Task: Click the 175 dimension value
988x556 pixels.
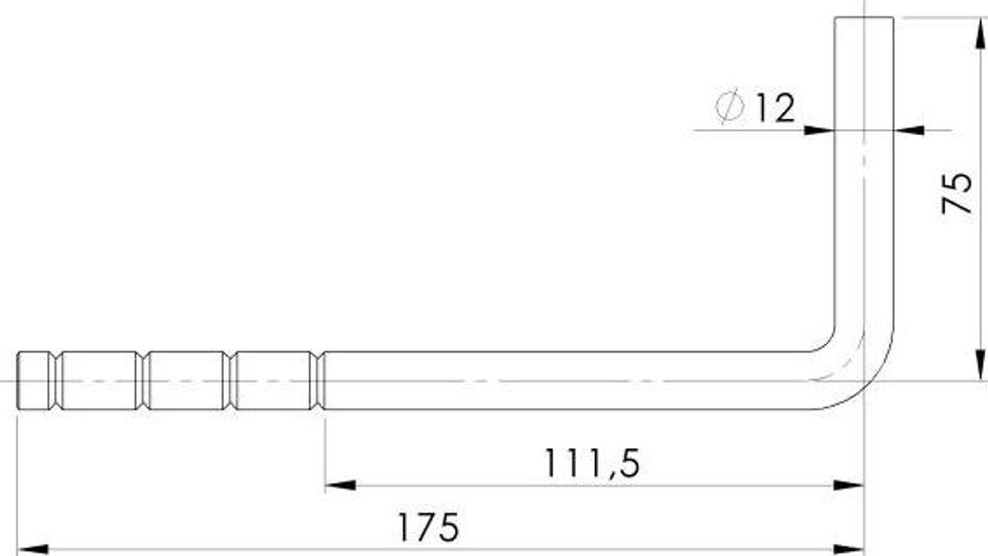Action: click(427, 527)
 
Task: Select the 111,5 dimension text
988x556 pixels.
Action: click(591, 463)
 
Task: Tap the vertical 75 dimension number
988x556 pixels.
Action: click(956, 192)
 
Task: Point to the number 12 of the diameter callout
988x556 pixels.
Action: click(775, 108)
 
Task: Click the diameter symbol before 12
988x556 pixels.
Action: click(729, 106)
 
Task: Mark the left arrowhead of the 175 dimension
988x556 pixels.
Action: click(32, 549)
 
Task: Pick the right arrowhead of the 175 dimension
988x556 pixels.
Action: click(848, 549)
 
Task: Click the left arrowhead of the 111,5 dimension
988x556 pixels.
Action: click(341, 486)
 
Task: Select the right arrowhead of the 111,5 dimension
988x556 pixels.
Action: click(848, 486)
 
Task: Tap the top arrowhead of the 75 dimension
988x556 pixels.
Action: click(980, 33)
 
